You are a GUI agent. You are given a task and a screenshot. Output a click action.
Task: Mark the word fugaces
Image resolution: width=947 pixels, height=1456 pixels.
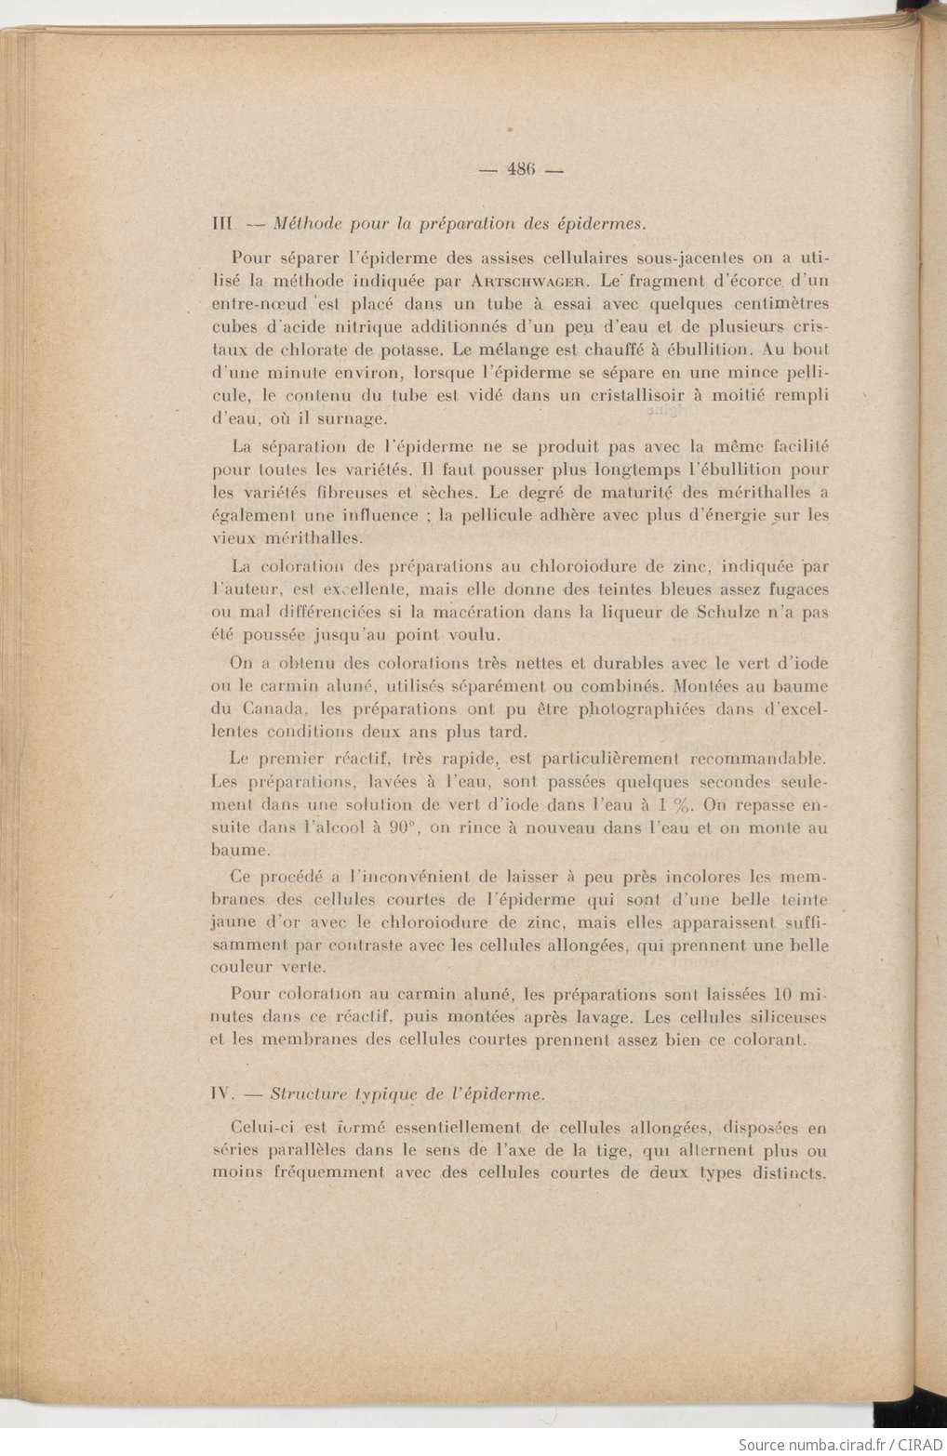click(794, 589)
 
